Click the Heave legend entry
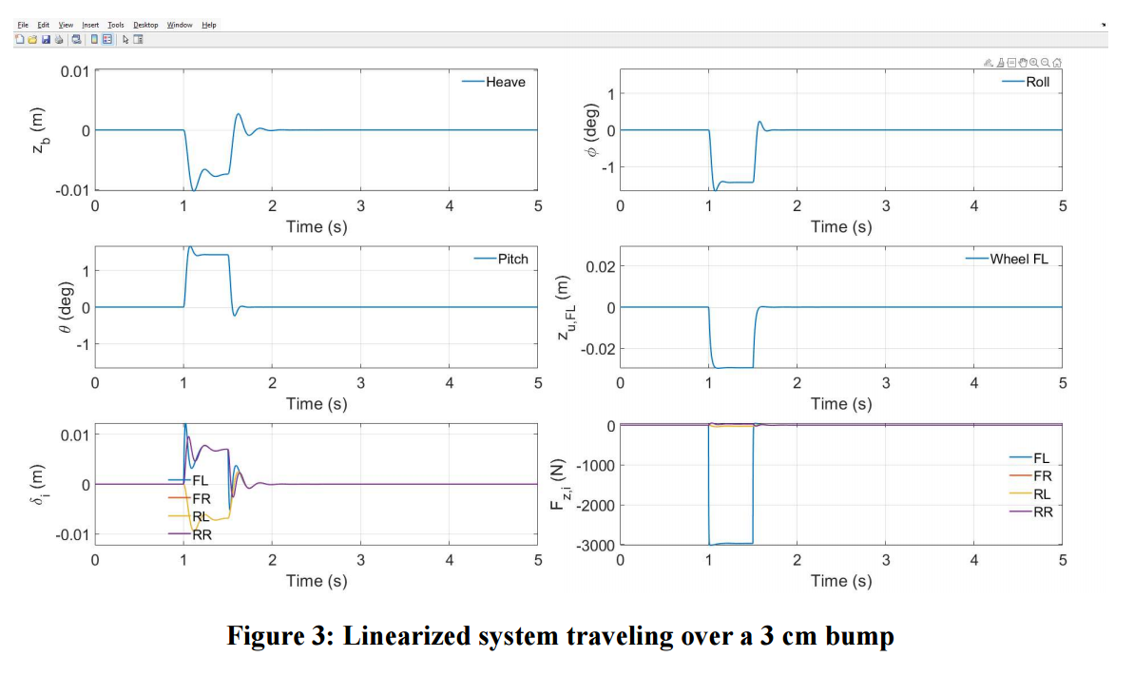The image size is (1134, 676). [x=494, y=82]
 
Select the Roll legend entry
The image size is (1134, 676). [x=1027, y=82]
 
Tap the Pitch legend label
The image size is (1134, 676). [x=501, y=259]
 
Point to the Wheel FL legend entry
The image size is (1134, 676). [x=1008, y=259]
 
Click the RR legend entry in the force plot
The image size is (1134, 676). [x=1031, y=512]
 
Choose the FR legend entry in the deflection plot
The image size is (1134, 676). [x=189, y=498]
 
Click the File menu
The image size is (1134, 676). [x=23, y=25]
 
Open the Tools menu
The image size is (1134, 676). [x=116, y=25]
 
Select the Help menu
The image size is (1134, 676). [x=209, y=25]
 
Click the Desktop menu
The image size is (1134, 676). [x=145, y=25]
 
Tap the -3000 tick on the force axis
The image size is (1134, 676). [x=595, y=545]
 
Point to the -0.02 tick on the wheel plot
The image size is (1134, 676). [x=597, y=349]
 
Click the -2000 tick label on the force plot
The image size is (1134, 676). [x=595, y=505]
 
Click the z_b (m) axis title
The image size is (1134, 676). [x=39, y=130]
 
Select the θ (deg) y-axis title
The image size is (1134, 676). [x=65, y=307]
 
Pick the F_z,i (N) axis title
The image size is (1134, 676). [x=558, y=484]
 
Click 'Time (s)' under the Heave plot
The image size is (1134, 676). [x=317, y=226]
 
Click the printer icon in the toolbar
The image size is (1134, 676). [x=59, y=40]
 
